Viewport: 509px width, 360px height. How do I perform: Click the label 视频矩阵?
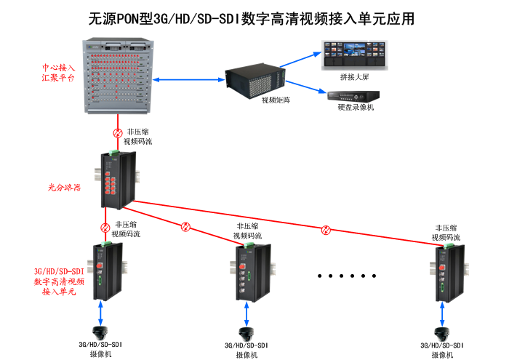(276, 100)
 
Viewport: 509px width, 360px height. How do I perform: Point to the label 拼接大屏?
(354, 76)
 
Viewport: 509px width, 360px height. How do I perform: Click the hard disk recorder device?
(352, 95)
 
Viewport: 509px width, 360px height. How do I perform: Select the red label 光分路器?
(60, 187)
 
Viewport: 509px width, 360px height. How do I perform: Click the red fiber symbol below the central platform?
(117, 132)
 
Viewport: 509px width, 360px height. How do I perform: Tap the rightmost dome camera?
(443, 329)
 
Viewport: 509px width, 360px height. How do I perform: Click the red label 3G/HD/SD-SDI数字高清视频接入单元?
(59, 281)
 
